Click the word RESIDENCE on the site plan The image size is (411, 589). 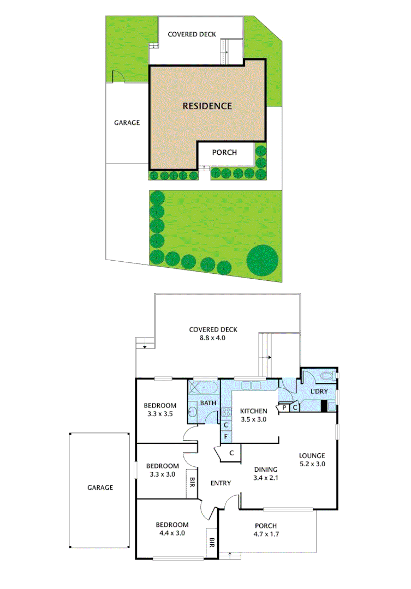tap(207, 106)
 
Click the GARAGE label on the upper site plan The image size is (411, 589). tap(127, 123)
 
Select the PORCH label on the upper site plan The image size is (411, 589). tap(224, 153)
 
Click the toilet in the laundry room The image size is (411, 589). tap(327, 376)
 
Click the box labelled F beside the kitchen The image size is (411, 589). tap(225, 436)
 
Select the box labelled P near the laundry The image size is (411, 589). tap(284, 407)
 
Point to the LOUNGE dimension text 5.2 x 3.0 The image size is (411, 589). tap(312, 464)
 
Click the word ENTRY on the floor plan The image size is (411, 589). tap(221, 483)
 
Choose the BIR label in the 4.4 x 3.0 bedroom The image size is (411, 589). tap(212, 543)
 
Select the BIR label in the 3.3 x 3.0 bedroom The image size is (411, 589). tap(192, 482)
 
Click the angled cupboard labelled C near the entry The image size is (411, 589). tap(230, 452)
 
